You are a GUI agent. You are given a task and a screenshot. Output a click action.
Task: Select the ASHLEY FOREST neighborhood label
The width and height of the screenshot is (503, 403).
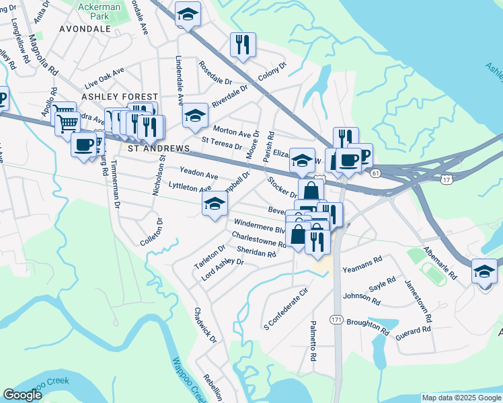point(120,97)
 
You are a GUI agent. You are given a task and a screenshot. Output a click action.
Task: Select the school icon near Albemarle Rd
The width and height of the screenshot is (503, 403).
point(484,271)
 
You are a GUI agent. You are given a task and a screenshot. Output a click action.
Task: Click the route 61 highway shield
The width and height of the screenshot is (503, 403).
point(375,174)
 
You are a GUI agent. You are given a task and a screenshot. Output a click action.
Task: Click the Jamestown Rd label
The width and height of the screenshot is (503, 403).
point(418,298)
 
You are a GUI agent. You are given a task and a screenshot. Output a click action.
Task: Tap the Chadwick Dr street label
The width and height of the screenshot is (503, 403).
point(206,326)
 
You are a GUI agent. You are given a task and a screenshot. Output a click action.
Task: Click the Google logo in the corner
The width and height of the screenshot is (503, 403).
point(22,395)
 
